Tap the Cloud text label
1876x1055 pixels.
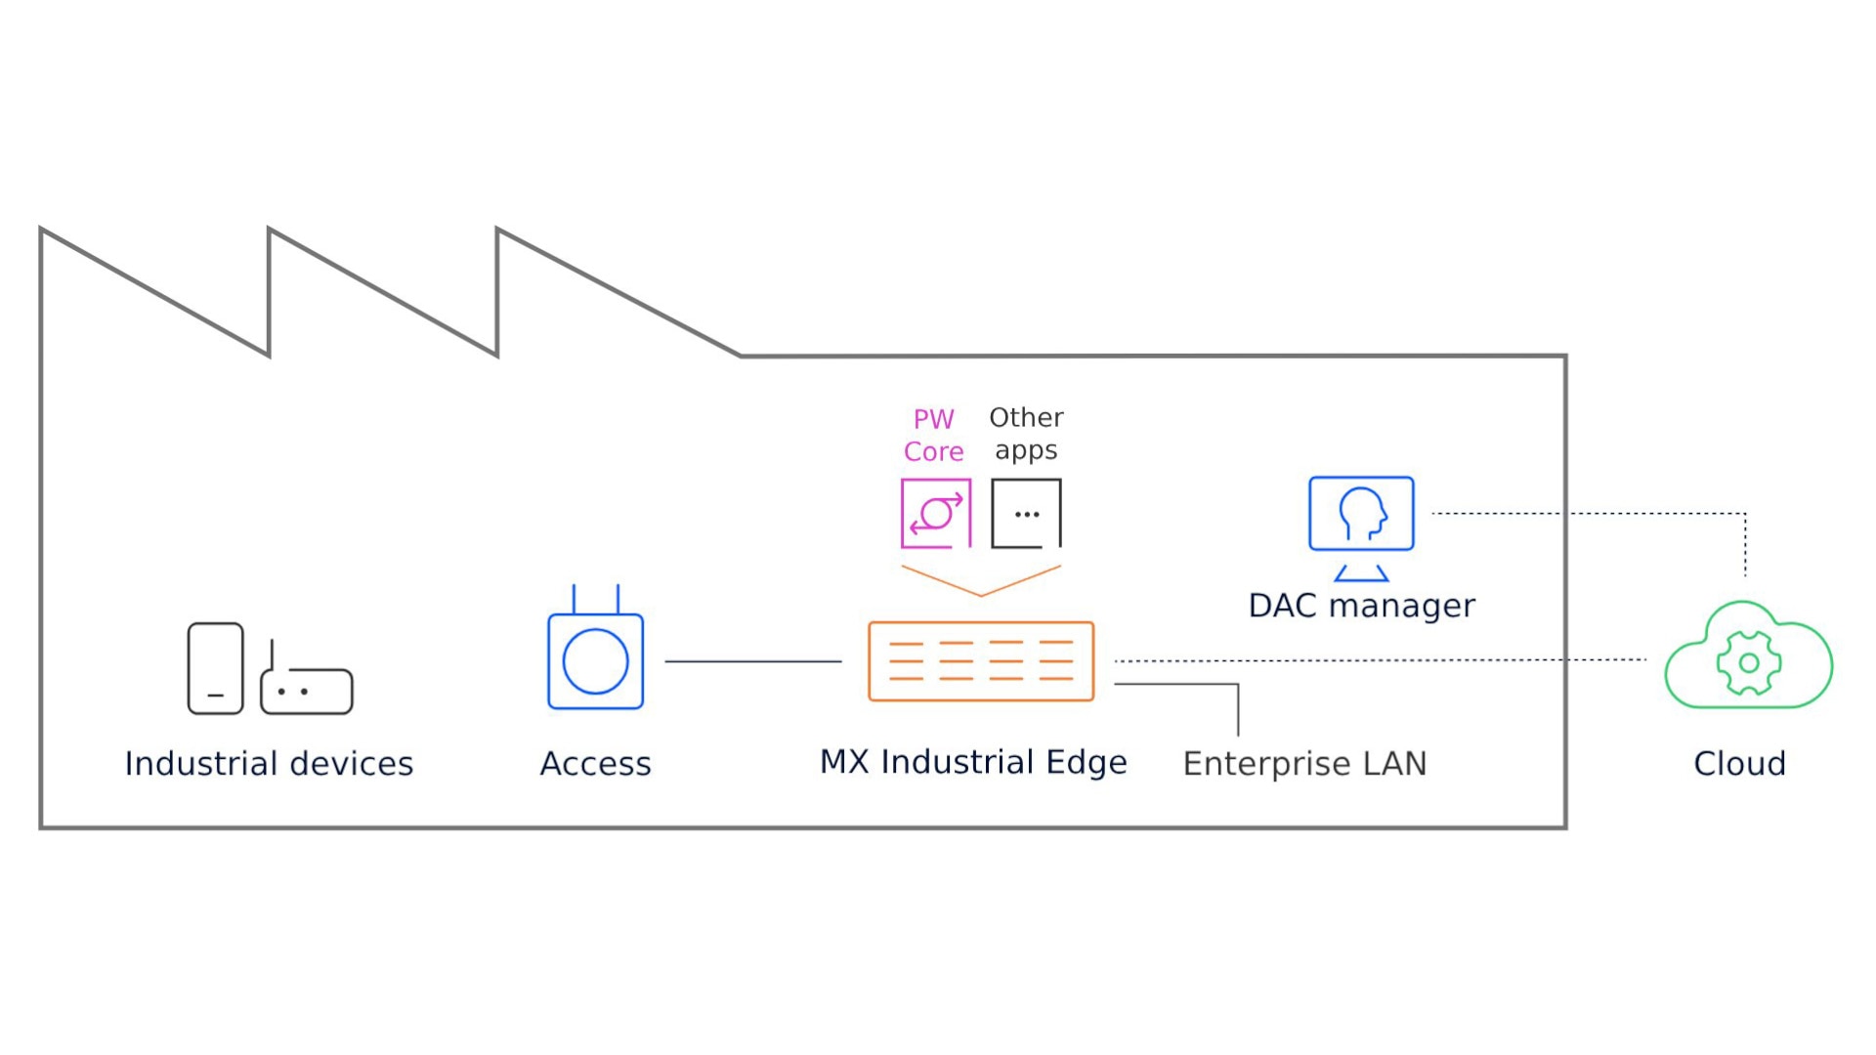pyautogui.click(x=1739, y=763)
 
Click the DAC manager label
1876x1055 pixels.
pyautogui.click(x=1361, y=606)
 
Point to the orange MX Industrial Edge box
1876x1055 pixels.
pyautogui.click(x=981, y=661)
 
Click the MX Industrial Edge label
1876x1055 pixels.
pyautogui.click(x=973, y=762)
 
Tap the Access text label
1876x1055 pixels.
pyautogui.click(x=595, y=763)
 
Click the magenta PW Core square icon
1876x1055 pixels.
pyautogui.click(x=935, y=513)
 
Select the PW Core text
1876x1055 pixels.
pyautogui.click(x=933, y=435)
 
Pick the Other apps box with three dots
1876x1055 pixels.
pyautogui.click(x=1026, y=513)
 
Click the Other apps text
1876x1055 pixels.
pyautogui.click(x=1026, y=433)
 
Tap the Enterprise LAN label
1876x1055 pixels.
pyautogui.click(x=1304, y=763)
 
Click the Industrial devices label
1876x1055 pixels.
pyautogui.click(x=269, y=763)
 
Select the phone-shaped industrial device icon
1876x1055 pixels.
pyautogui.click(x=215, y=668)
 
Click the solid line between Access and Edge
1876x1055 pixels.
pyautogui.click(x=752, y=661)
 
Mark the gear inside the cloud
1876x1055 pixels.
pyautogui.click(x=1749, y=662)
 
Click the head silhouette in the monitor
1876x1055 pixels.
pyautogui.click(x=1363, y=513)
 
